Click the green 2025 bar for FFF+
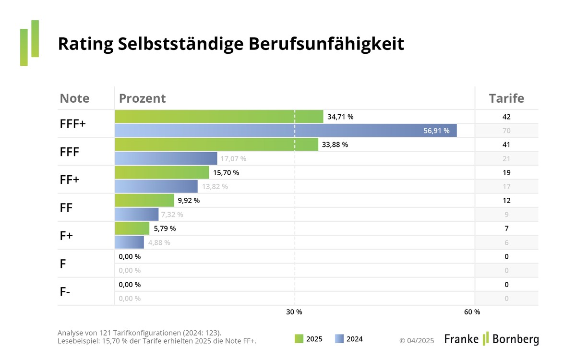tap(219, 117)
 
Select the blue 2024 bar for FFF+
tap(286, 131)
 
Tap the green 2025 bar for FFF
tap(216, 144)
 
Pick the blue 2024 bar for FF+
tap(156, 186)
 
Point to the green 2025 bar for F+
tap(132, 228)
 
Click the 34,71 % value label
tap(340, 117)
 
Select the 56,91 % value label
tap(436, 131)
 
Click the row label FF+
tap(70, 180)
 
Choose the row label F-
tap(65, 291)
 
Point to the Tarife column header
tap(506, 98)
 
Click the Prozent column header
tap(142, 98)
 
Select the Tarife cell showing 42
tap(506, 117)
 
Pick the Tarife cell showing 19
tap(506, 172)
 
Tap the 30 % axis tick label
tap(294, 312)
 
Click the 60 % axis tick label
tap(472, 312)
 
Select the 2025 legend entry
tap(308, 339)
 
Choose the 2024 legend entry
tap(348, 339)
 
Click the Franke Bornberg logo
tap(491, 339)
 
